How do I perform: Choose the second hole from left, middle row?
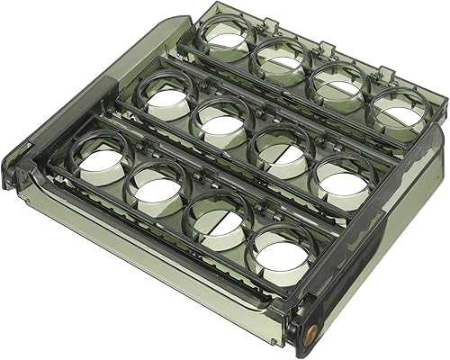click(x=223, y=121)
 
